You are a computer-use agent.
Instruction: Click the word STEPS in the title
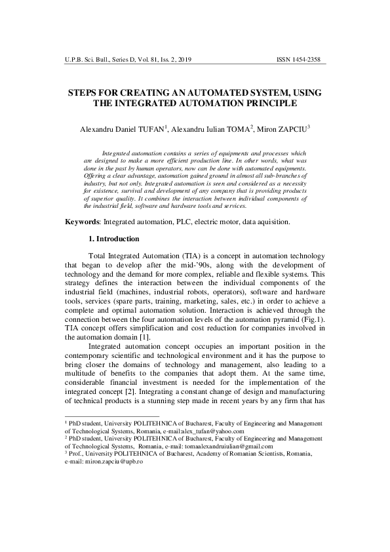pyautogui.click(x=85, y=93)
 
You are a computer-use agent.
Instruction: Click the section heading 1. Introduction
pyautogui.click(x=113, y=239)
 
